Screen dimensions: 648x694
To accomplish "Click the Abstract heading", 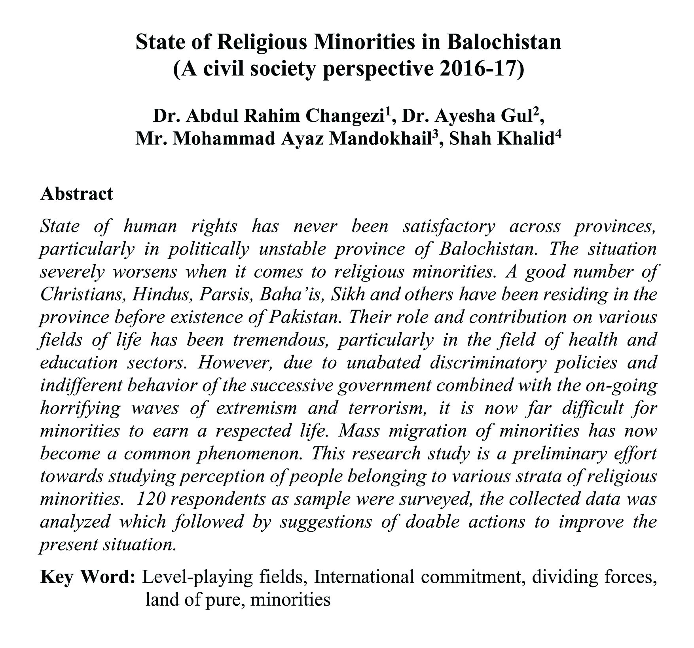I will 76,194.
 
